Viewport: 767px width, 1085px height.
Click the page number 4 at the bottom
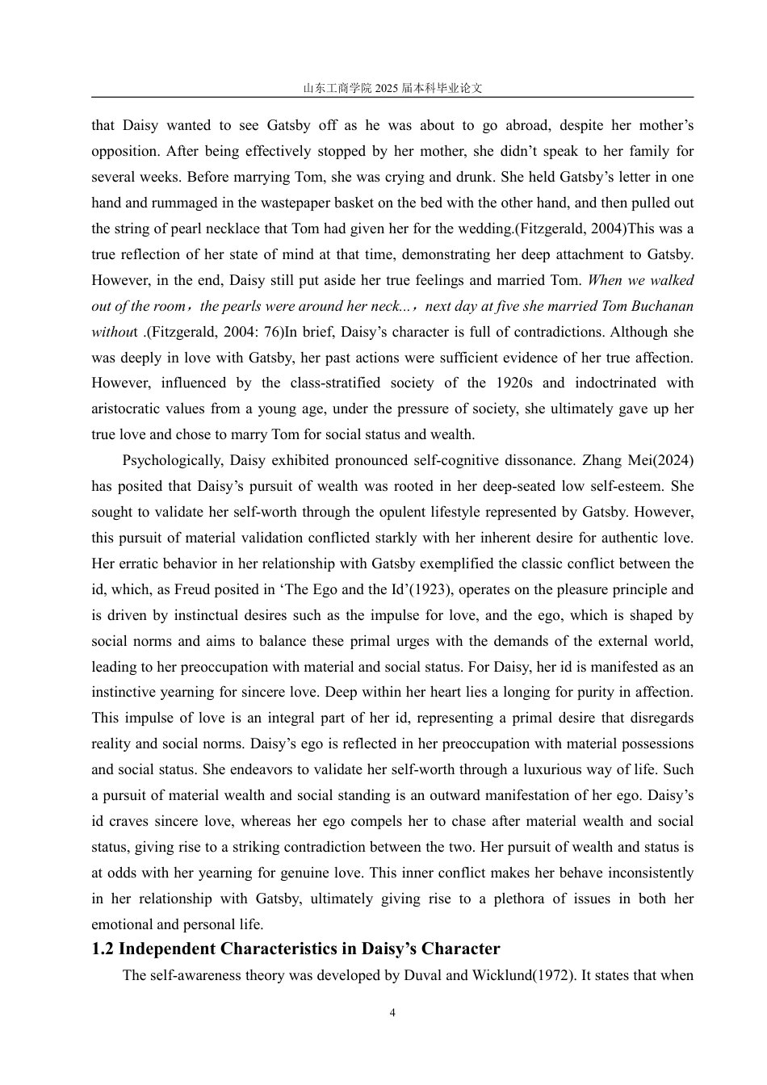point(392,1013)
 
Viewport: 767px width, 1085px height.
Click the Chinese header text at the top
point(392,88)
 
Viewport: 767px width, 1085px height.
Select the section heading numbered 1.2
point(295,949)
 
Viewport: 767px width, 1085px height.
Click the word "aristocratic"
point(128,408)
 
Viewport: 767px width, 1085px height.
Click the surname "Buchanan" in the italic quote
point(660,306)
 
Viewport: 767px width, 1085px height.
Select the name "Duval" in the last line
point(421,974)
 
